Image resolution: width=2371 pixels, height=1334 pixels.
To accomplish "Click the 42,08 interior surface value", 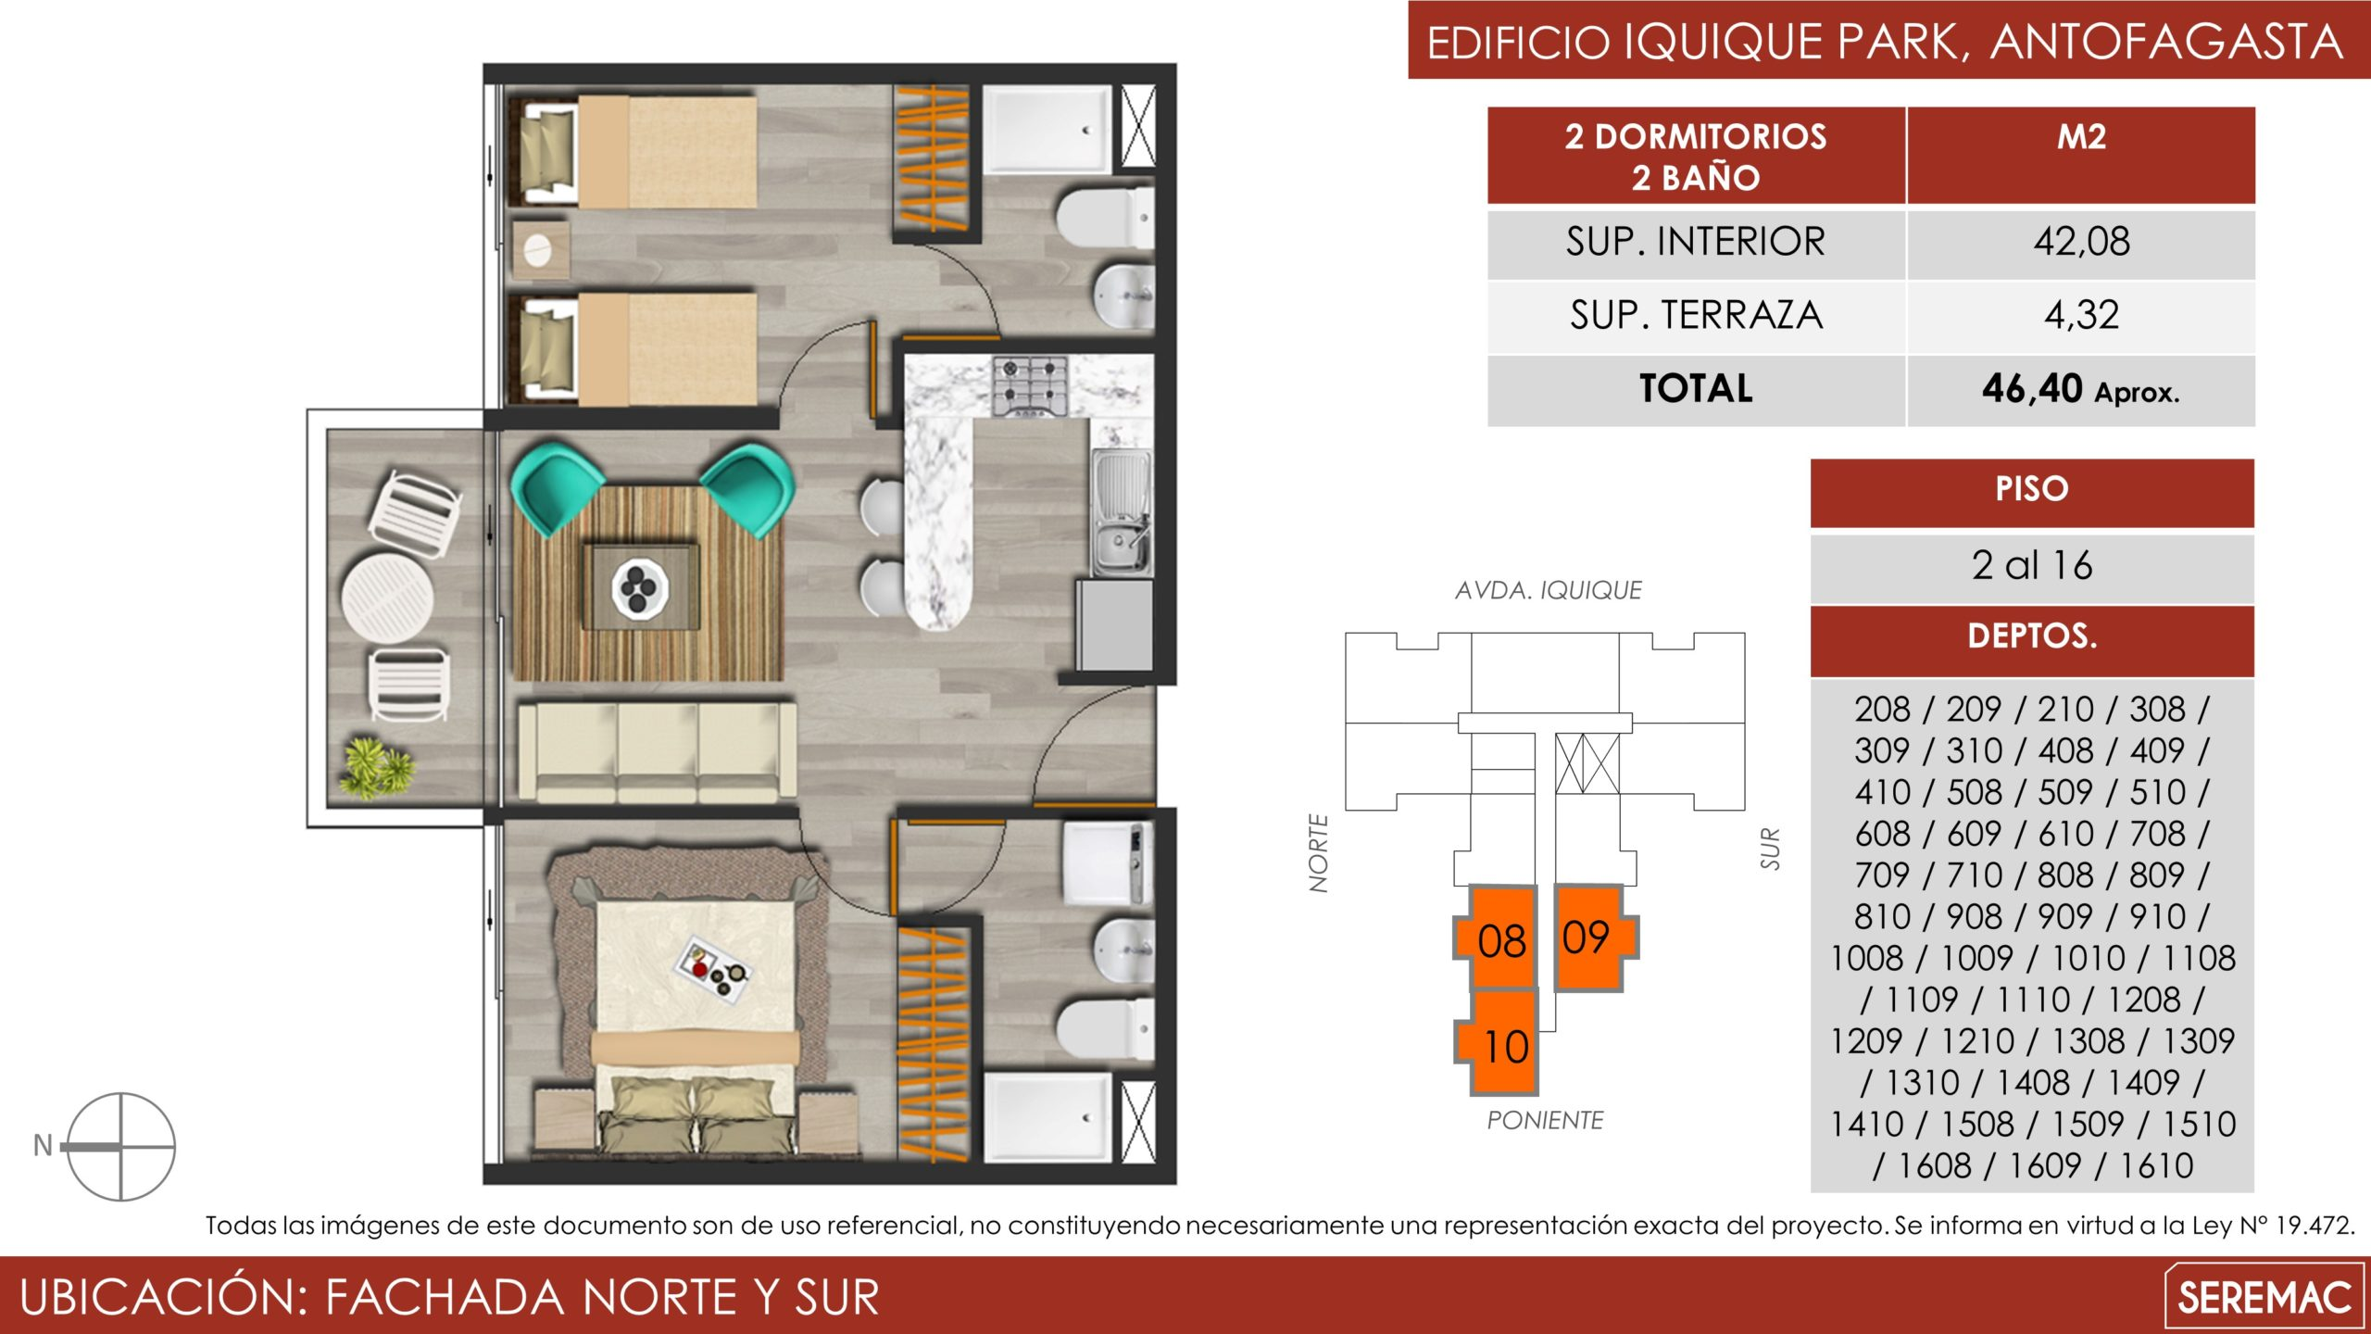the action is click(x=2081, y=242).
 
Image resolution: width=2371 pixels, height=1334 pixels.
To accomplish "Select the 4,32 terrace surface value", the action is click(x=2081, y=315).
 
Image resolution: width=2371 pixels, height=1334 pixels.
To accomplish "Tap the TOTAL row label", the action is click(x=1696, y=388).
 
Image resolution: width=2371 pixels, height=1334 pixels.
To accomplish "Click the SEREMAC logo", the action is click(x=2264, y=1296).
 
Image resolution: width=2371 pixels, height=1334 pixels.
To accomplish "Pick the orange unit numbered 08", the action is click(x=1496, y=937).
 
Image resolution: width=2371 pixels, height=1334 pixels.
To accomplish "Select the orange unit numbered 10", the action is click(x=1498, y=1042).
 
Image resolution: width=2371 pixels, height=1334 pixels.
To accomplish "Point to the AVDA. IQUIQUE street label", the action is click(x=1548, y=590).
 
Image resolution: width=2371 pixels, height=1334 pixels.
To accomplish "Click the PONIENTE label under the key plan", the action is click(x=1545, y=1120).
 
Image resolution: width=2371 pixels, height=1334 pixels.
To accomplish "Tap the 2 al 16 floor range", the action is click(x=2031, y=565).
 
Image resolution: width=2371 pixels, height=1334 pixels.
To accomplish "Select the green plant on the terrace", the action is click(x=375, y=768).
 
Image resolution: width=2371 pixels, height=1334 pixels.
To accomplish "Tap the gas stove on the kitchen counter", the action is click(x=1029, y=385).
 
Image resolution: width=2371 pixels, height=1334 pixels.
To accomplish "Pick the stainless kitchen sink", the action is click(x=1122, y=512).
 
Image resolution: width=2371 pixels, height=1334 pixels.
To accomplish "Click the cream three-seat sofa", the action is click(x=657, y=751).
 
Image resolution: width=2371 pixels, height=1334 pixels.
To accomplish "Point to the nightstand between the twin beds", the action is click(x=540, y=249).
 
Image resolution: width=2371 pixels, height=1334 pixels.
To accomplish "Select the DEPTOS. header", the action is click(x=2032, y=636).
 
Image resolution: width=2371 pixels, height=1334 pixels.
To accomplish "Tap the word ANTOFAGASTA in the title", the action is click(x=2165, y=43).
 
